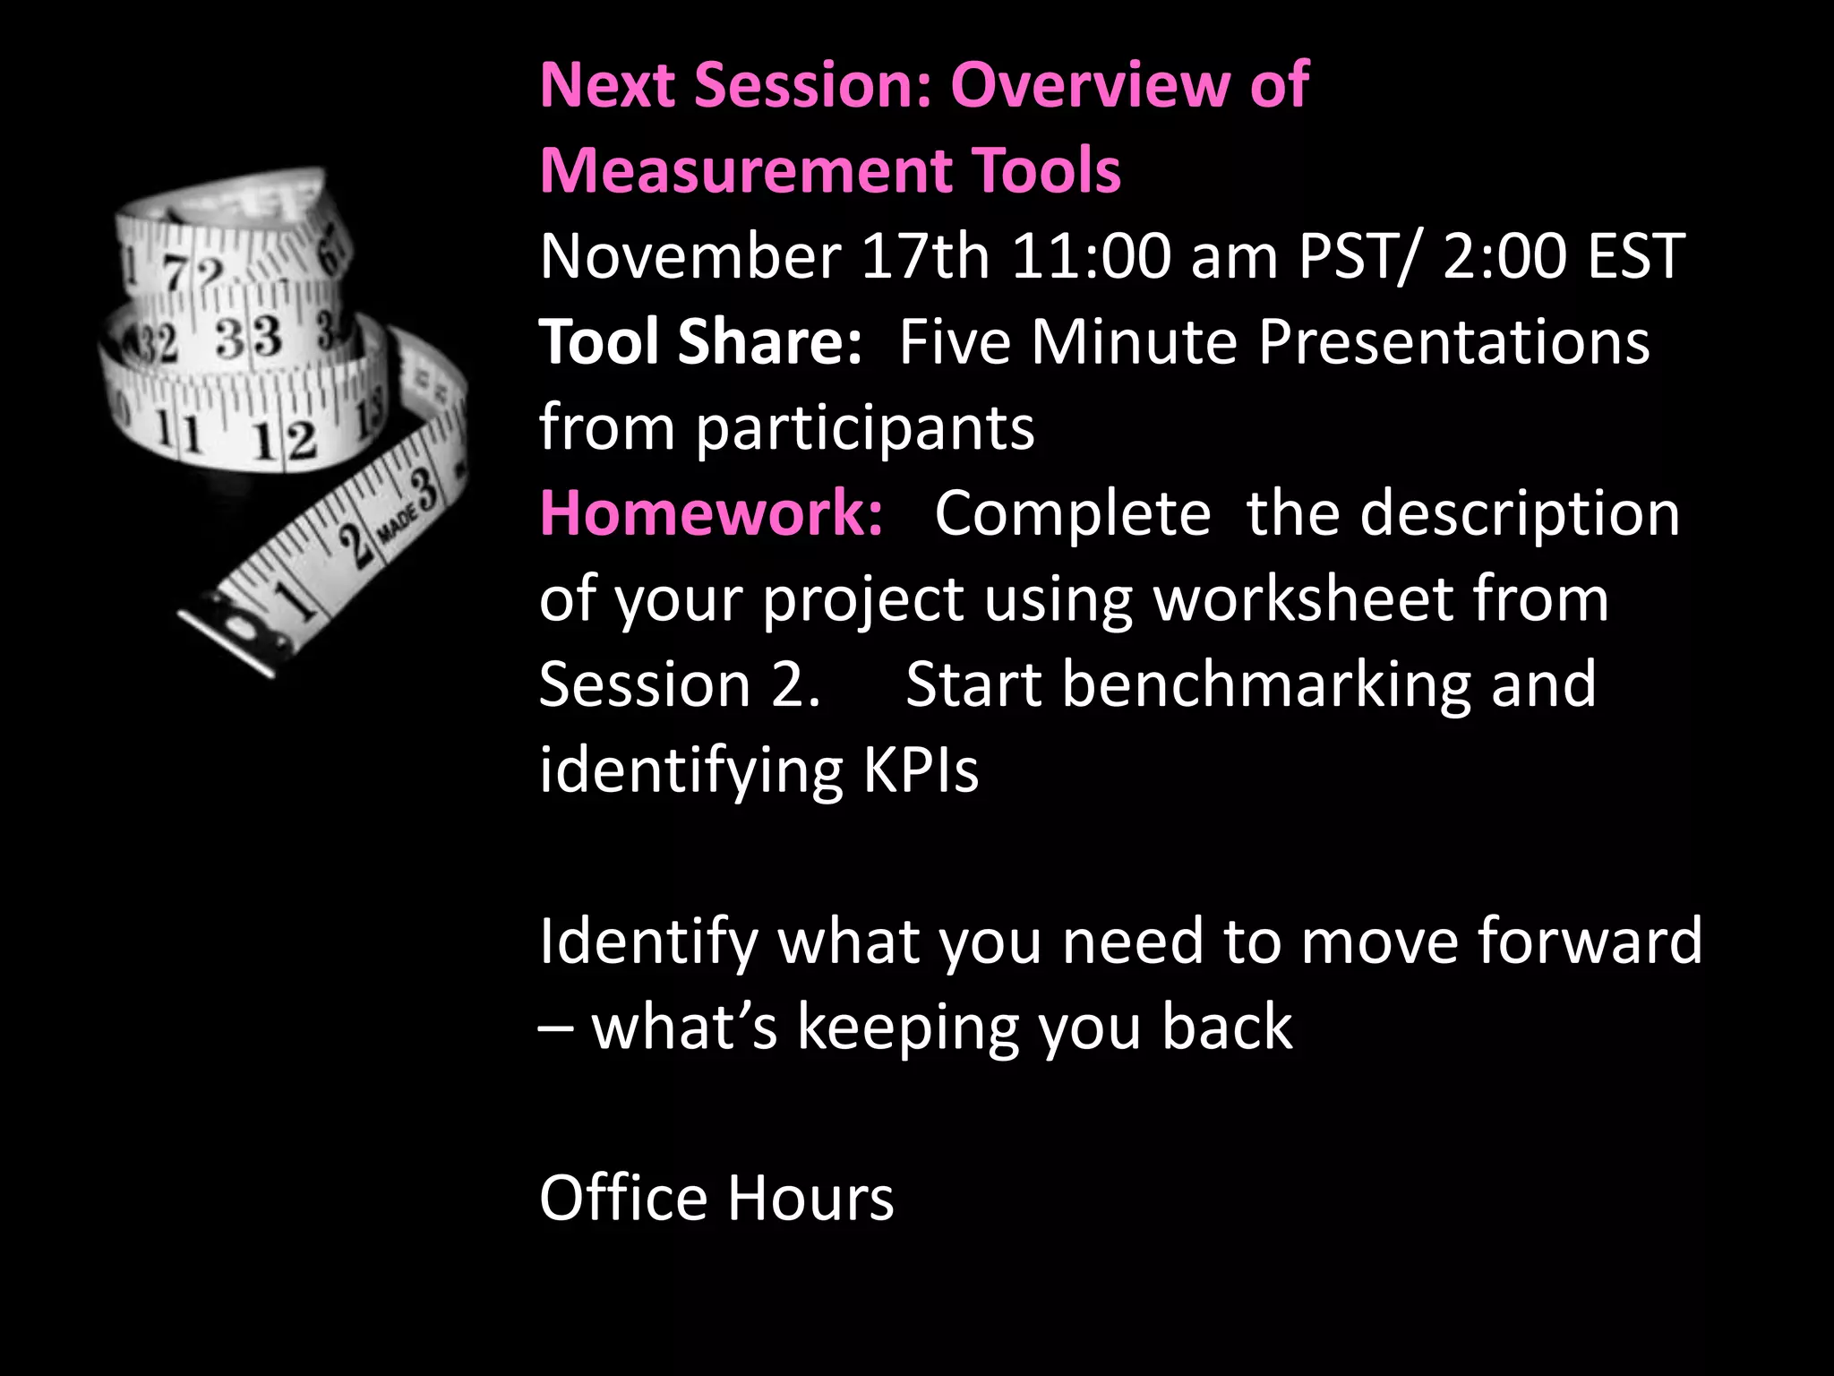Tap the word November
click(x=690, y=256)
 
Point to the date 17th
click(x=925, y=256)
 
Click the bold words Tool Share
click(x=699, y=342)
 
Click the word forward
click(x=1590, y=942)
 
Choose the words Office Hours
click(x=716, y=1199)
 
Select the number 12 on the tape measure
click(x=284, y=440)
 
